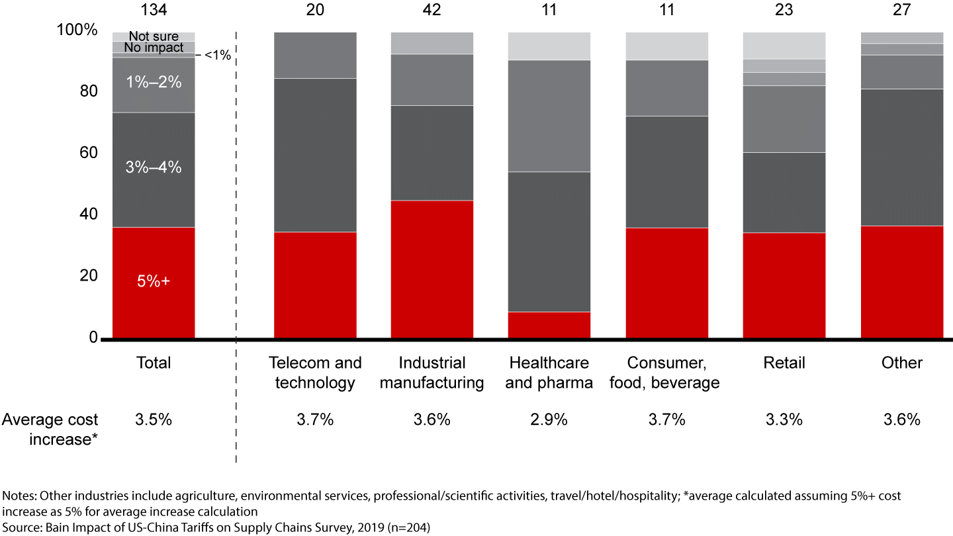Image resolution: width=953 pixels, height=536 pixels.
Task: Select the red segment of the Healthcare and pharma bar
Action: [x=549, y=325]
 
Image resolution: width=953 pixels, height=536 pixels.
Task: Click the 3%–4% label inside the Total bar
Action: [x=154, y=167]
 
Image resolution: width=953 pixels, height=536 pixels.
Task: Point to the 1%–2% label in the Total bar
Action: [x=154, y=83]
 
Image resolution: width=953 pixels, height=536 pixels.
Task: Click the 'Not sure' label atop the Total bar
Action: [x=154, y=37]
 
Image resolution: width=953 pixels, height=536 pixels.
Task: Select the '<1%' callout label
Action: [x=217, y=56]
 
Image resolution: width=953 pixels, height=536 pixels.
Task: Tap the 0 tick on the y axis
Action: [x=93, y=337]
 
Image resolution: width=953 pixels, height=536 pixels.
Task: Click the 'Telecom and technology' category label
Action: [x=315, y=373]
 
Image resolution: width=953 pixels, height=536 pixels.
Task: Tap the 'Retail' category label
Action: [x=784, y=363]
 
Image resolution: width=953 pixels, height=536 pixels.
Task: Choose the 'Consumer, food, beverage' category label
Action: [x=667, y=373]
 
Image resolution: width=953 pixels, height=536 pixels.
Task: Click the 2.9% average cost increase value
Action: [x=549, y=420]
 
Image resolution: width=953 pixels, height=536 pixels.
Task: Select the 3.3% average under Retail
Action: [x=784, y=420]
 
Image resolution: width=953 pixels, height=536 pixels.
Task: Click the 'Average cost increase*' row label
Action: [x=50, y=429]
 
